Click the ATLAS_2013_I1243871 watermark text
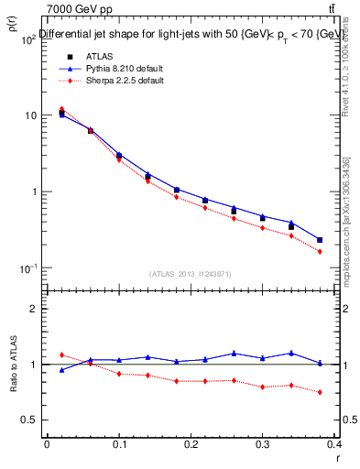tap(191, 274)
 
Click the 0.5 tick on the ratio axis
tap(27, 420)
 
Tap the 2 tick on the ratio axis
tap(32, 309)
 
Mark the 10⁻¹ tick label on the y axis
tap(27, 267)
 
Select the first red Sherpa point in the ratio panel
tap(61, 354)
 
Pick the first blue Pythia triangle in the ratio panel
tap(61, 370)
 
